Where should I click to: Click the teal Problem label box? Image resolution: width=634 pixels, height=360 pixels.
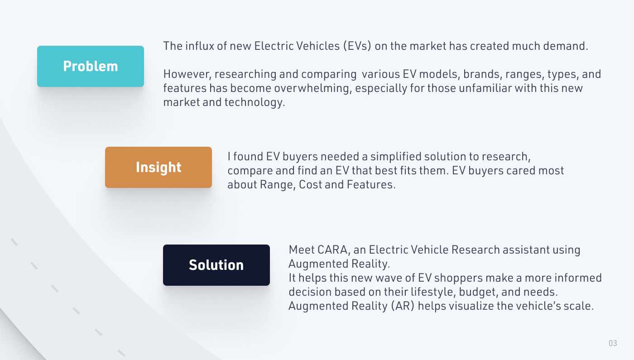91,66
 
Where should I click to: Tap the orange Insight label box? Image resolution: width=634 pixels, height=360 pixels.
158,167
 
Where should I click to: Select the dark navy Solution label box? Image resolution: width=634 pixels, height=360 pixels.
216,265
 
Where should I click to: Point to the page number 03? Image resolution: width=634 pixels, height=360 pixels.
613,343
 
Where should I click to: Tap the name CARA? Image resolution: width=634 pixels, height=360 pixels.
336,250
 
